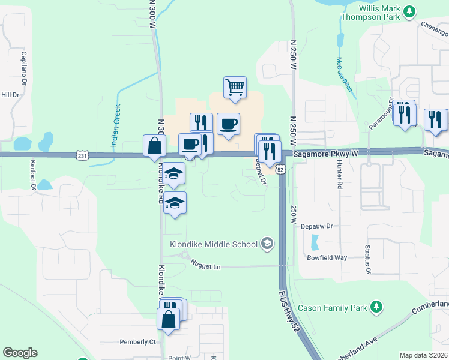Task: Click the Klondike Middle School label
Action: [x=212, y=244]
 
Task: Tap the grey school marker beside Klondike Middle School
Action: [x=267, y=244]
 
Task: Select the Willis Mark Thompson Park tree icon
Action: [x=409, y=11]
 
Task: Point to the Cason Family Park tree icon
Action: [x=376, y=307]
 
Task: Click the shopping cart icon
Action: [x=235, y=87]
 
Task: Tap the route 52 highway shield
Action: [x=280, y=170]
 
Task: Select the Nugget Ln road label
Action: [x=206, y=265]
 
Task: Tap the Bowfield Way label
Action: [x=327, y=257]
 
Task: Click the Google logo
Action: [x=20, y=353]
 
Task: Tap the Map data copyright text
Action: [x=423, y=355]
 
